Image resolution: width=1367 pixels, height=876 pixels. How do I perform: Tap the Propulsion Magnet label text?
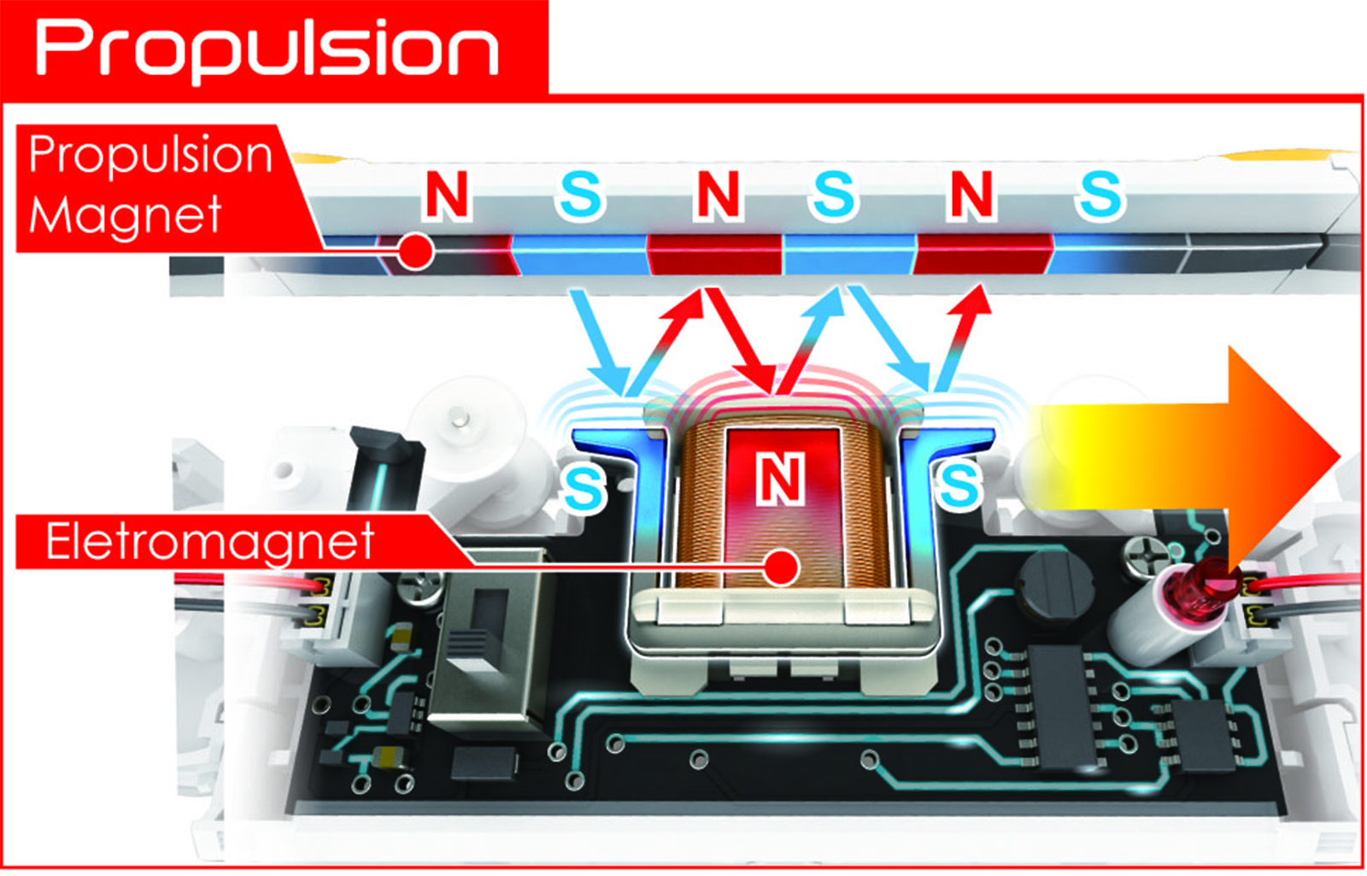point(150,184)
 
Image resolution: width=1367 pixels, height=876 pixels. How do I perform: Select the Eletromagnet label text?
point(210,542)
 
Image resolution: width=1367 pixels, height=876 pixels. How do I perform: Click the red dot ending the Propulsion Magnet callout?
point(416,251)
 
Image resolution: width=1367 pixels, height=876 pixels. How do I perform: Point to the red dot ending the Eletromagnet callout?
point(781,567)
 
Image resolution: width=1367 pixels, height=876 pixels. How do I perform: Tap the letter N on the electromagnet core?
point(780,479)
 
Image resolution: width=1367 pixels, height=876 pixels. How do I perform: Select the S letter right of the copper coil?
point(959,485)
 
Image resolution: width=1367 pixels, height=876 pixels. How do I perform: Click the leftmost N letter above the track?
point(447,195)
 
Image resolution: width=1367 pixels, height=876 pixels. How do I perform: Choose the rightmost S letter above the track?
point(1100,195)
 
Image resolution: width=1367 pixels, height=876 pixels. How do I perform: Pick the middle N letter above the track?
point(718,195)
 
